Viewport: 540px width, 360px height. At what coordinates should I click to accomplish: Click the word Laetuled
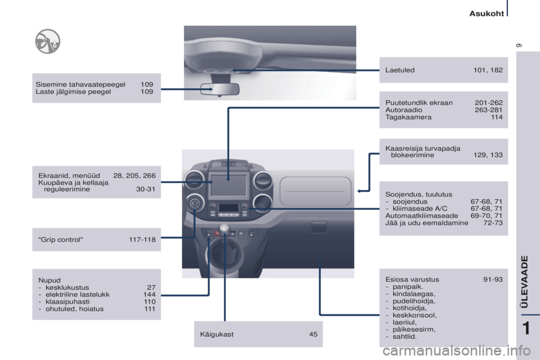pos(400,70)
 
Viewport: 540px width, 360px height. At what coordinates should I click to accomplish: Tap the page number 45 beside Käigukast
pos(313,334)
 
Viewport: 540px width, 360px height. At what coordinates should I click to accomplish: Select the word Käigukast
pos(217,335)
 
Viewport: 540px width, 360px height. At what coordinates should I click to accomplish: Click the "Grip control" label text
pos(61,240)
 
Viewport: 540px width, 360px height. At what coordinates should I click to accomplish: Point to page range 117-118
pos(142,240)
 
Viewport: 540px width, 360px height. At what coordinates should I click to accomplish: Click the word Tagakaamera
pos(408,117)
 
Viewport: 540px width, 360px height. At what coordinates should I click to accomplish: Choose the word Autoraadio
pos(404,110)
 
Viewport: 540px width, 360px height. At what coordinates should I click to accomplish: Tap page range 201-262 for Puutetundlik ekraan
pos(488,103)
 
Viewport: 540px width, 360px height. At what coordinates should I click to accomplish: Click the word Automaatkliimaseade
pos(421,215)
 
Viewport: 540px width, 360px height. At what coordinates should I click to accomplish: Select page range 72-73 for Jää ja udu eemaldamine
pos(493,223)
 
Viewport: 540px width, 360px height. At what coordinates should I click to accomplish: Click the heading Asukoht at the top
pos(487,13)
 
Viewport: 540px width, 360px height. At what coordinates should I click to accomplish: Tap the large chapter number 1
pos(526,328)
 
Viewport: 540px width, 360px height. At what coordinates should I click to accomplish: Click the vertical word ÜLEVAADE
pos(524,282)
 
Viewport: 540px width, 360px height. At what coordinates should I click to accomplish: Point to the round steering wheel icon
pos(47,41)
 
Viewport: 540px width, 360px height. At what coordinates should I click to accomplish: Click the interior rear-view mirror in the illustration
pos(220,89)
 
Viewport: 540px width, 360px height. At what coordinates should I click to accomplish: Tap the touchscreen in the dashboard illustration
pos(228,185)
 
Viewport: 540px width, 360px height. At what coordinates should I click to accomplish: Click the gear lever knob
pos(224,228)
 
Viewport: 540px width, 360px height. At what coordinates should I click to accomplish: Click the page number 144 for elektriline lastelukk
pos(150,295)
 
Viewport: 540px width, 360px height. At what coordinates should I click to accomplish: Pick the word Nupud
pos(49,281)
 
